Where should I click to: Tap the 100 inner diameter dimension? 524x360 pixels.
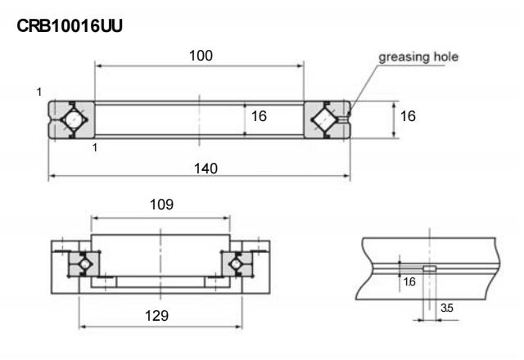[200, 56]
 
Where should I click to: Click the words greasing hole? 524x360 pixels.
[418, 57]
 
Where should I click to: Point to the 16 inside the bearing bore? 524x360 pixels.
[260, 117]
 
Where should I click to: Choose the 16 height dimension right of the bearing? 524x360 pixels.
[407, 117]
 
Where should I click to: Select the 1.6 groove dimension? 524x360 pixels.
[410, 281]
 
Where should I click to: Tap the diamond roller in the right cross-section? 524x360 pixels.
[325, 120]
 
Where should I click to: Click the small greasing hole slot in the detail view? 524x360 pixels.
[429, 268]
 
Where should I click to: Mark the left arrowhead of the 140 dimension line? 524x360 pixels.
[51, 175]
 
